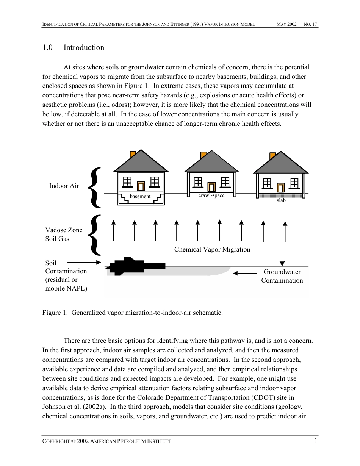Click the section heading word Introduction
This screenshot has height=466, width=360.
84,48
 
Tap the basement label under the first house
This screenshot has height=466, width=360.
140,197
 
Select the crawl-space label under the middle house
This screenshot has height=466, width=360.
211,195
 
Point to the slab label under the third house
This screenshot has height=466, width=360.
281,200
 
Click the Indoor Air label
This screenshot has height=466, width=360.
64,186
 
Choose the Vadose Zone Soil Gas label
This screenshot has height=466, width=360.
64,235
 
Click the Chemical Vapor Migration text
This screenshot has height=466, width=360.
212,249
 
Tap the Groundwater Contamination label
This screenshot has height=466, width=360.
282,276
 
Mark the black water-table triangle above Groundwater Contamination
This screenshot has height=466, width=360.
282,263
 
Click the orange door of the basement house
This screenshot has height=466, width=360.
141,186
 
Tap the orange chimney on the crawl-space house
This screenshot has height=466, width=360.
204,155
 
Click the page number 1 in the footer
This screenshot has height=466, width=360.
316,441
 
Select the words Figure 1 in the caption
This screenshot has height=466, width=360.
52,313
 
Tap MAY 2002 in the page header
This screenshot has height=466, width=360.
286,25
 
